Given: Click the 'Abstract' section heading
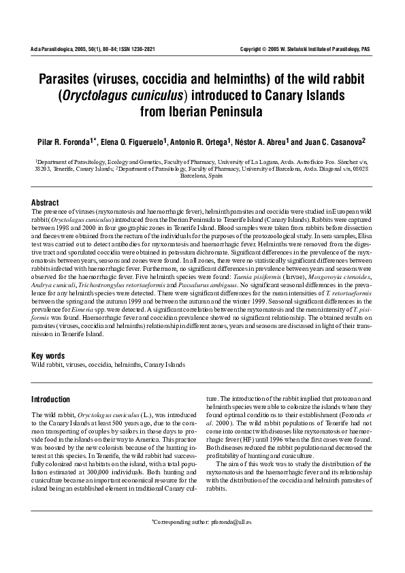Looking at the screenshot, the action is coord(45,203).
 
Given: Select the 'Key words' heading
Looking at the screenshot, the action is coord(48,356).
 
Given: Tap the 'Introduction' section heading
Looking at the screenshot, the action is coord(51,399).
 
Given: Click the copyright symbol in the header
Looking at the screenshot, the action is coord(265,50).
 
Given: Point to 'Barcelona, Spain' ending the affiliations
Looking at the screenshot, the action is coord(202,175).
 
